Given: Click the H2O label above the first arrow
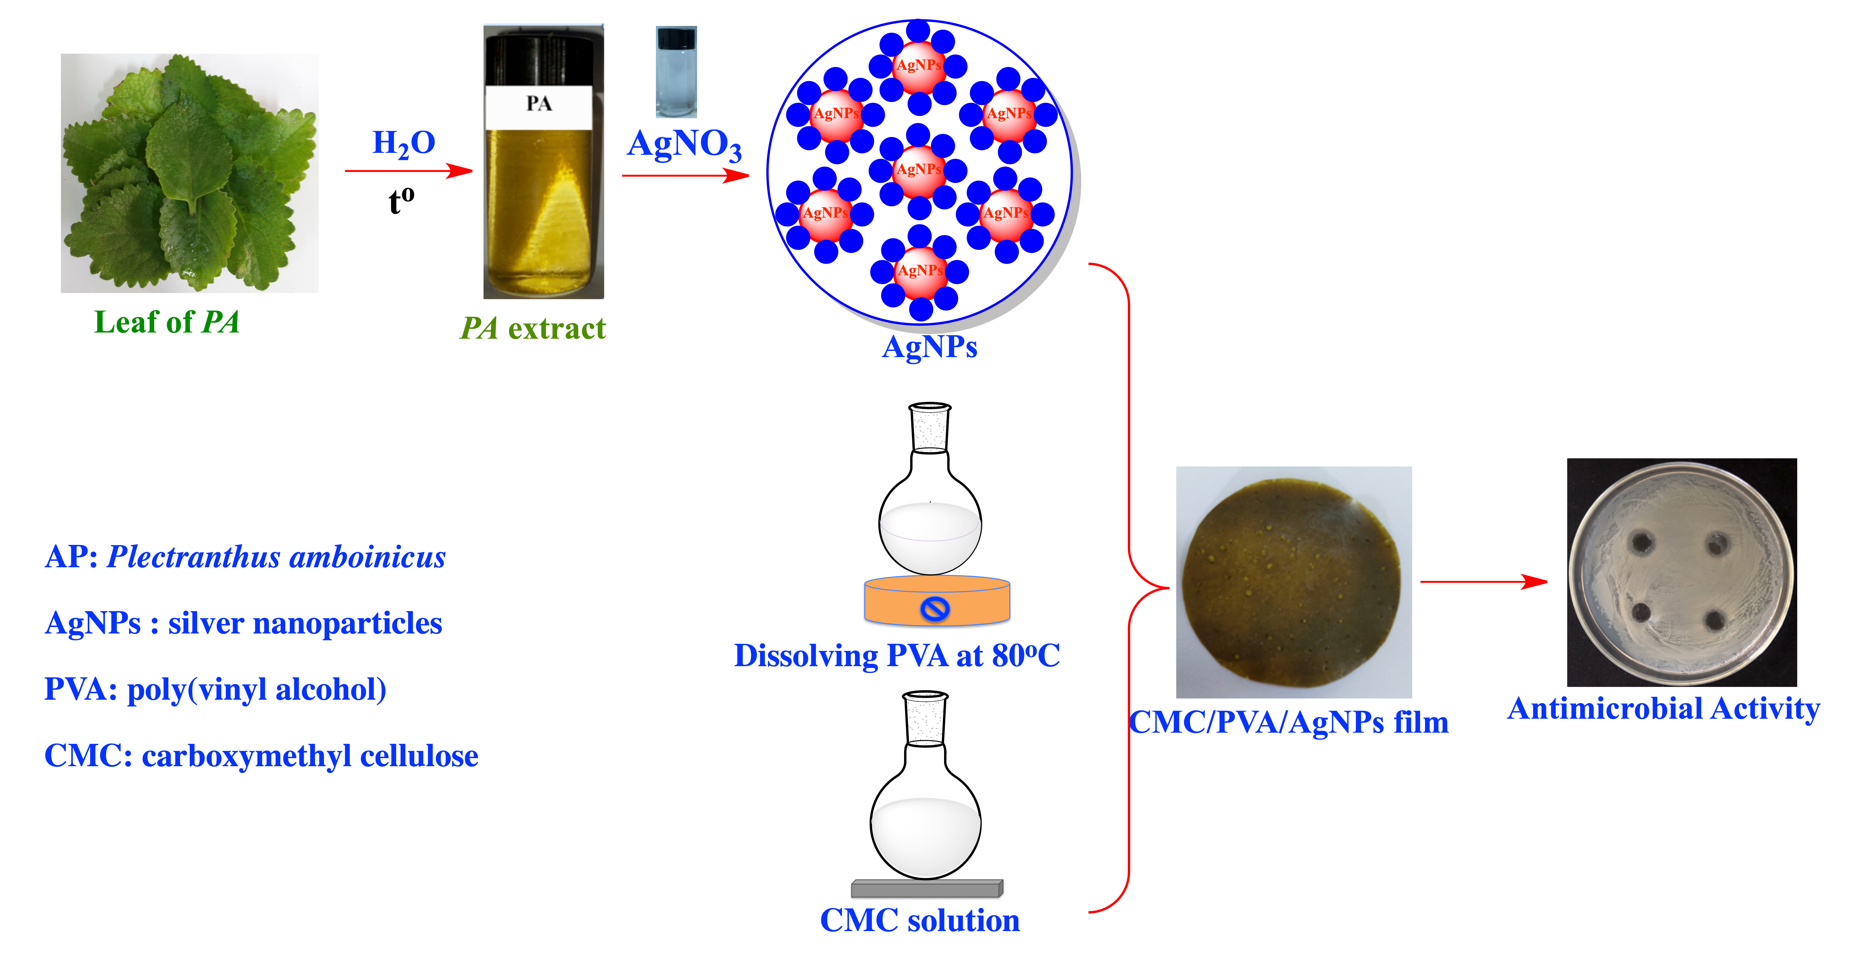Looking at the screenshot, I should [x=404, y=143].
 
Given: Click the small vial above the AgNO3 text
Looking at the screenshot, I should [x=676, y=72].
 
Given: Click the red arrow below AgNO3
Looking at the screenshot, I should [x=684, y=175].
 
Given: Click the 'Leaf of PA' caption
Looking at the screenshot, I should [x=167, y=322].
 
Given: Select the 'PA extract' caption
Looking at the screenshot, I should [x=533, y=329].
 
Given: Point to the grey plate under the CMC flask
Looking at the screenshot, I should [x=926, y=888].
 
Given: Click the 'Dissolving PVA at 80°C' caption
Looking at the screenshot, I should [x=896, y=656].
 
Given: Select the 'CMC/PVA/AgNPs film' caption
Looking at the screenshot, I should [x=1288, y=722].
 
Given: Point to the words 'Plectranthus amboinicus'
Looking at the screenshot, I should [x=276, y=557].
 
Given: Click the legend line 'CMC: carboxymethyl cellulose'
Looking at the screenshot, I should [x=261, y=756].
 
